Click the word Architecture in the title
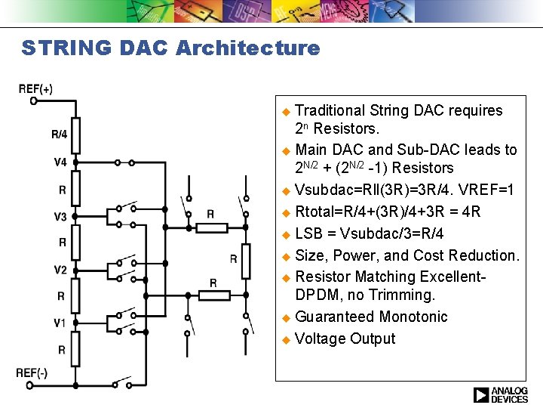click(248, 48)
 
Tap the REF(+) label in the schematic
click(35, 88)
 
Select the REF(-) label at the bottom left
click(32, 372)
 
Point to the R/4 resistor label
click(60, 134)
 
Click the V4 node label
click(60, 162)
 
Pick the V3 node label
click(60, 217)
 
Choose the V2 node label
click(60, 270)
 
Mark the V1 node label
click(60, 323)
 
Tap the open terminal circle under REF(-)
click(30, 385)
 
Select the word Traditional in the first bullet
click(330, 110)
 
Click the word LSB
click(309, 233)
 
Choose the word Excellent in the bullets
click(452, 277)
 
